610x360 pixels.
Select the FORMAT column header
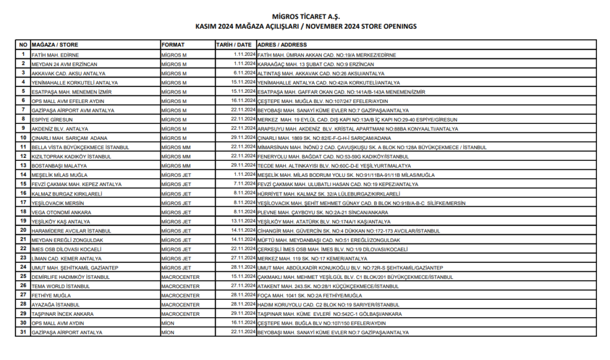[x=173, y=45]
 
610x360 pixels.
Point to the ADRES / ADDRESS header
[x=282, y=45]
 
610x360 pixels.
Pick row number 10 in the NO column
[x=23, y=138]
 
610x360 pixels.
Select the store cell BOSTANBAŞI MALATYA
[x=61, y=165]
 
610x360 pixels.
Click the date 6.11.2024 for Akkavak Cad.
[x=244, y=73]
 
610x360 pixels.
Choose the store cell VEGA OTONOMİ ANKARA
[x=61, y=212]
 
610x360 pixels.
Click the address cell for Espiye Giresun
[x=354, y=119]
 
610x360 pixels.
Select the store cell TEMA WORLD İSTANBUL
[x=60, y=286]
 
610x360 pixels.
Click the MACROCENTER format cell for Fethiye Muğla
[x=180, y=295]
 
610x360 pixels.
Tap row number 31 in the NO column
[x=23, y=332]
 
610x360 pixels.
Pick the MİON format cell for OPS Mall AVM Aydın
[x=168, y=323]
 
